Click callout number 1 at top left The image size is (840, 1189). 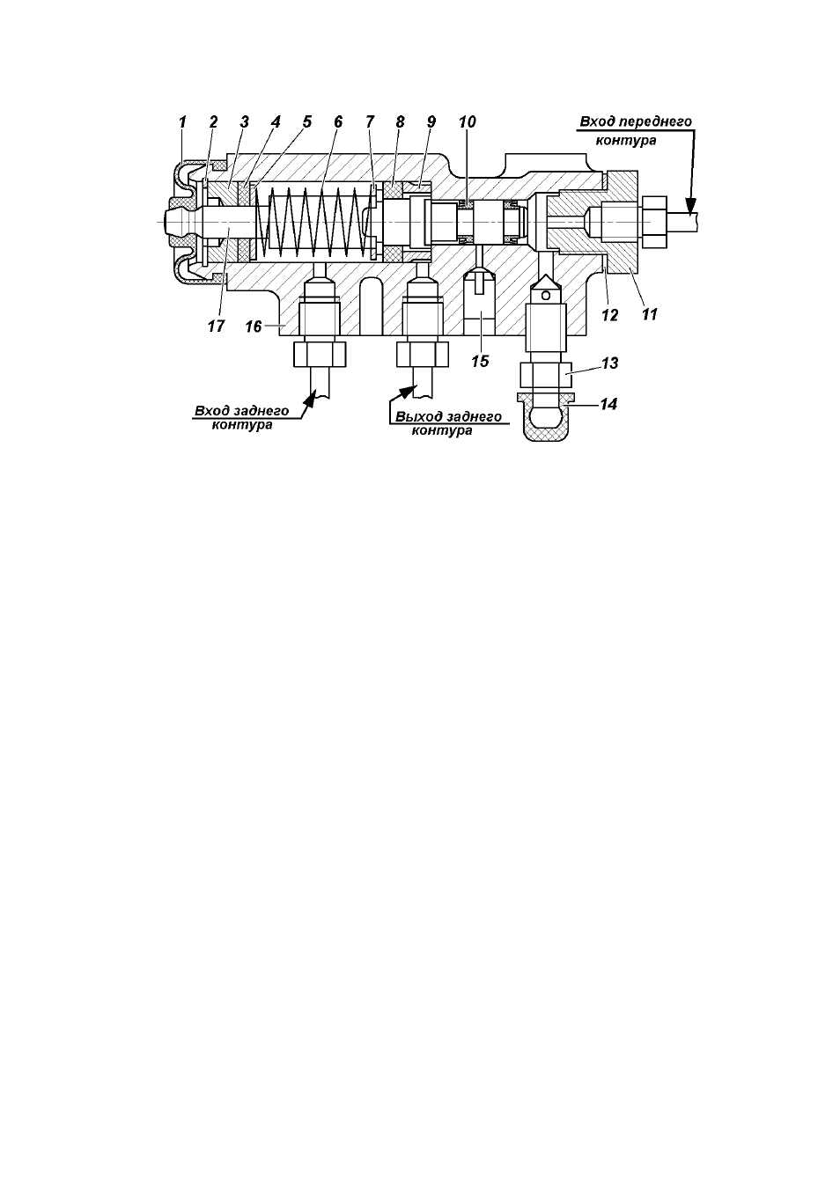coord(182,122)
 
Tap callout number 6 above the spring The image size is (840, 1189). coord(338,122)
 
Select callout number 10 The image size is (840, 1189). coord(468,122)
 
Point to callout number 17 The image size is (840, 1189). coord(216,326)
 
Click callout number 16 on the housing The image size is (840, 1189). coord(254,327)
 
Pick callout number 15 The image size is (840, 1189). coord(480,361)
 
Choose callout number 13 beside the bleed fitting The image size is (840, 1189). coord(610,363)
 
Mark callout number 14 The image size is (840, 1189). coord(609,405)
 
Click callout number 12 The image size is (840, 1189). coord(610,315)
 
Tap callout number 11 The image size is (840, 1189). coord(650,314)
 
